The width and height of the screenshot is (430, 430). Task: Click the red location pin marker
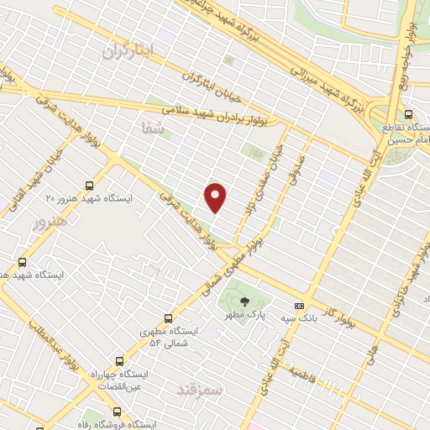point(217,197)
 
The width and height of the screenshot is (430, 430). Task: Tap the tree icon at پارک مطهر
point(244,302)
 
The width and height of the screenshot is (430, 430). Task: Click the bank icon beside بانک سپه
point(299,307)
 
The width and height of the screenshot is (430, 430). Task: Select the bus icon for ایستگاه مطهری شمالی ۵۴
point(168,319)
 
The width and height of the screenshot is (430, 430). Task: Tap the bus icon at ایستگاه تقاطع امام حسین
point(408,114)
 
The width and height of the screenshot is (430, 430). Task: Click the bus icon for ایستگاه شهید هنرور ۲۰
point(90,186)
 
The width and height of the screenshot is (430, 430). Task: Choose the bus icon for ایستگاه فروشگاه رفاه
point(117,412)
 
